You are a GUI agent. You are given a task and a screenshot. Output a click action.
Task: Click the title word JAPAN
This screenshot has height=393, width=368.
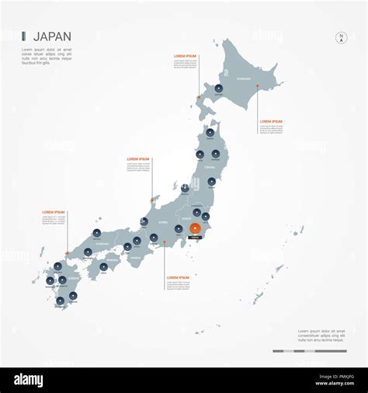(x=53, y=35)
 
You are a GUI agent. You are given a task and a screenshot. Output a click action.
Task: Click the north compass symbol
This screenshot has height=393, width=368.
(x=340, y=37)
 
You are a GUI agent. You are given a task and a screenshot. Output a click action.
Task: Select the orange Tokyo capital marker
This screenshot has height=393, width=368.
(x=195, y=228)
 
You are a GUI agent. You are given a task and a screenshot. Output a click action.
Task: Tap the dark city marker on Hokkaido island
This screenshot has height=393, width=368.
(x=220, y=88)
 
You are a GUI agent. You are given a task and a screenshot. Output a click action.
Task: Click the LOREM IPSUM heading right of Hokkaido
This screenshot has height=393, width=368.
(x=271, y=121)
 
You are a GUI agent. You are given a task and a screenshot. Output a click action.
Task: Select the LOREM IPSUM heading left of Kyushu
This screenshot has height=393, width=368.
(x=54, y=212)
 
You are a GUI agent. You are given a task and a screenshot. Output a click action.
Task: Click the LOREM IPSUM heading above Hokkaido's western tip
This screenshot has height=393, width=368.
(x=185, y=57)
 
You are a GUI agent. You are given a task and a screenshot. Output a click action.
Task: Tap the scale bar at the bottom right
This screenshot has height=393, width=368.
(x=309, y=351)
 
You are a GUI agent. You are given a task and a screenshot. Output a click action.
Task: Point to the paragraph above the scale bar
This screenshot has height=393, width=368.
(x=321, y=336)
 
